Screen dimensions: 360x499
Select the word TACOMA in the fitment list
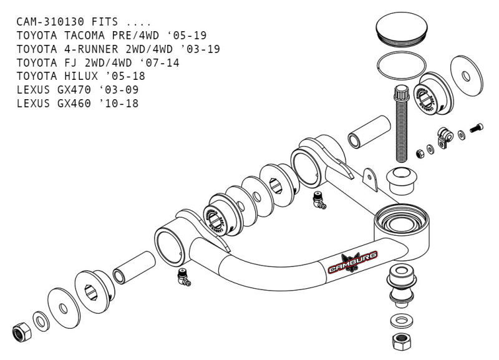[x=89, y=35]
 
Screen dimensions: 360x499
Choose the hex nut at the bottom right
[x=399, y=342]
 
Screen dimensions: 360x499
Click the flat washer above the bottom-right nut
[x=399, y=321]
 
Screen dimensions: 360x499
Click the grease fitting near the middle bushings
[x=319, y=200]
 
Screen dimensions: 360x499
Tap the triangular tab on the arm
[x=372, y=179]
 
